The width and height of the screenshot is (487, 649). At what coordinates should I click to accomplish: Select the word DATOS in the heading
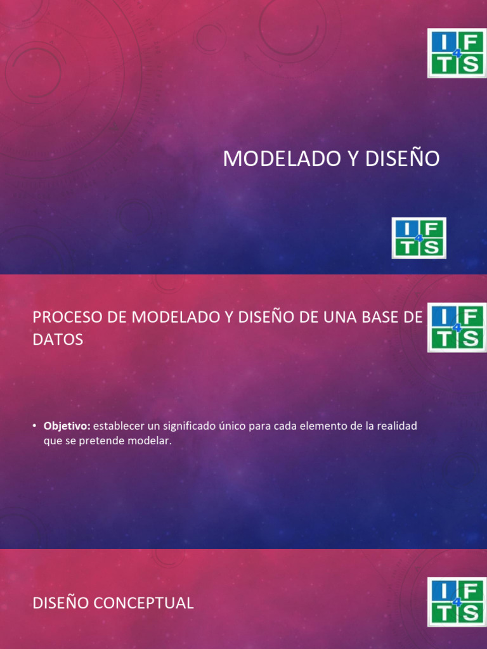[58, 340]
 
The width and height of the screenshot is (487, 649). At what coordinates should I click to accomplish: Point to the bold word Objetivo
[67, 427]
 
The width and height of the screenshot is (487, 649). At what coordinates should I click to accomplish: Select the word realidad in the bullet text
[396, 427]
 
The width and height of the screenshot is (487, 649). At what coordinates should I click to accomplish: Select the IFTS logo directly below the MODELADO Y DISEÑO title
[419, 238]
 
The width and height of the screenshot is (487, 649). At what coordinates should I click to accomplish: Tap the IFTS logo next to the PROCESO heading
[457, 327]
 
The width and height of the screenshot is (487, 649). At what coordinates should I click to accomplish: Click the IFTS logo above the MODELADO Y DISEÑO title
[457, 53]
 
